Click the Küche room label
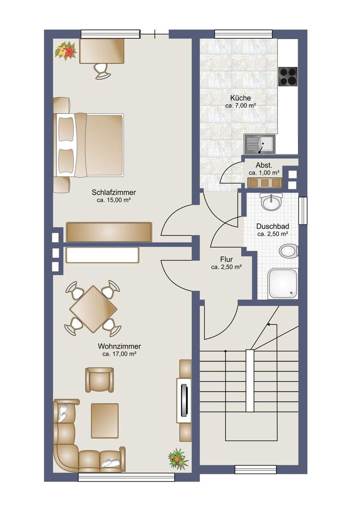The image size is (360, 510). [x=241, y=98]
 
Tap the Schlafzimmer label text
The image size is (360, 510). [x=114, y=192]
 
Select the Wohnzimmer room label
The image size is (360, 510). [x=119, y=346]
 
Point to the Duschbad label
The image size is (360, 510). [x=273, y=226]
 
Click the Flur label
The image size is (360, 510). [x=226, y=259]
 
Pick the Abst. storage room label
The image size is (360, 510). [x=264, y=165]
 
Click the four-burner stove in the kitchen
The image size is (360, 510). [x=288, y=76]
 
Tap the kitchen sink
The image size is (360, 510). [x=259, y=144]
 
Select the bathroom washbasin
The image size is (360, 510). [x=272, y=202]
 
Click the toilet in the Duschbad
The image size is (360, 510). [x=288, y=251]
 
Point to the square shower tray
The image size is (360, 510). [x=283, y=283]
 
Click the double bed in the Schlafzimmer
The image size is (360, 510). [x=88, y=145]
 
